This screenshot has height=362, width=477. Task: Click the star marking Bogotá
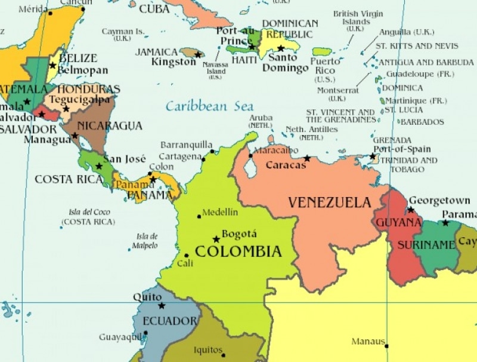point(216,239)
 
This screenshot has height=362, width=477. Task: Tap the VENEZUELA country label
point(330,203)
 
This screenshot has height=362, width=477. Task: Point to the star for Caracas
point(307,158)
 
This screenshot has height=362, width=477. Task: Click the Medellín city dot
point(199,216)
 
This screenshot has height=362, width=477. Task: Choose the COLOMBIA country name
point(238,251)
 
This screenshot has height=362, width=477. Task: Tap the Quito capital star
point(162,306)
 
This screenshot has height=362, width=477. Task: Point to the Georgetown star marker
point(410,210)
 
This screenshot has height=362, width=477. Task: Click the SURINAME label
point(435,244)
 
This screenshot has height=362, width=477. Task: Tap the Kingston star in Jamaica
point(197,54)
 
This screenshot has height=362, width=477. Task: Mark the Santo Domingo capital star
point(280,48)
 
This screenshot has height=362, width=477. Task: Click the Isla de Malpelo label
point(147,241)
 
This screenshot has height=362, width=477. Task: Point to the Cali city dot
point(187,255)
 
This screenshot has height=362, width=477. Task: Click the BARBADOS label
point(422,122)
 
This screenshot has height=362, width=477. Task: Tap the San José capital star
point(99,166)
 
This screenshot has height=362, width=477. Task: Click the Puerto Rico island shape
point(322,52)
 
